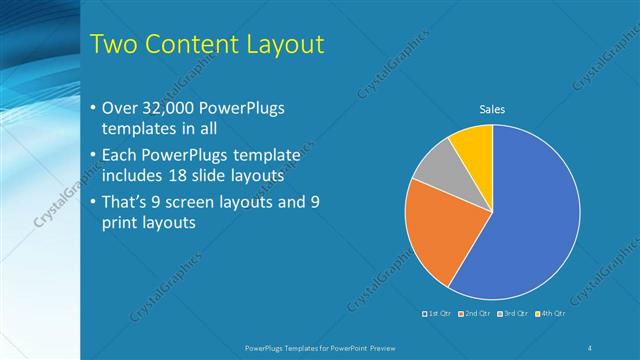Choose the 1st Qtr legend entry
[x=438, y=314]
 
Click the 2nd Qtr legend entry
[x=475, y=314]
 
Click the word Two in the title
[x=112, y=44]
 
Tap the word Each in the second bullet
[x=120, y=156]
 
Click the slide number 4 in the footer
[x=590, y=347]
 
